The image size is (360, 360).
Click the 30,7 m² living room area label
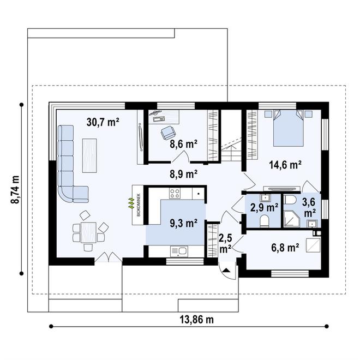[x=103, y=122]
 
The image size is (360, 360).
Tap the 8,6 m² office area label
[x=183, y=144]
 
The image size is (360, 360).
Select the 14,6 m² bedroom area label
[x=285, y=165]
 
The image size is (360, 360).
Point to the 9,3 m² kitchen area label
[x=183, y=223]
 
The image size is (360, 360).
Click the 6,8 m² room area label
[x=285, y=248]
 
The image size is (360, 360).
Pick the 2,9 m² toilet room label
[x=265, y=208]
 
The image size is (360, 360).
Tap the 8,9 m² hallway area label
[x=183, y=174]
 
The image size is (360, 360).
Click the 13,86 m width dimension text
[x=196, y=320]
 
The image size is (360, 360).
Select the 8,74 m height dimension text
[x=15, y=189]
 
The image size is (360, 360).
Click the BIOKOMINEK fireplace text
[x=139, y=205]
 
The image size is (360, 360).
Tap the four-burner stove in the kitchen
[x=175, y=193]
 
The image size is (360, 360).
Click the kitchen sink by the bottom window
[x=179, y=251]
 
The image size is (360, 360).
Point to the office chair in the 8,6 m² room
[x=169, y=133]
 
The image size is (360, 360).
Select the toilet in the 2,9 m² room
[x=264, y=221]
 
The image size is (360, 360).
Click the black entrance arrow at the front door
[x=226, y=270]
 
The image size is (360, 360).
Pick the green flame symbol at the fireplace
[x=131, y=203]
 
